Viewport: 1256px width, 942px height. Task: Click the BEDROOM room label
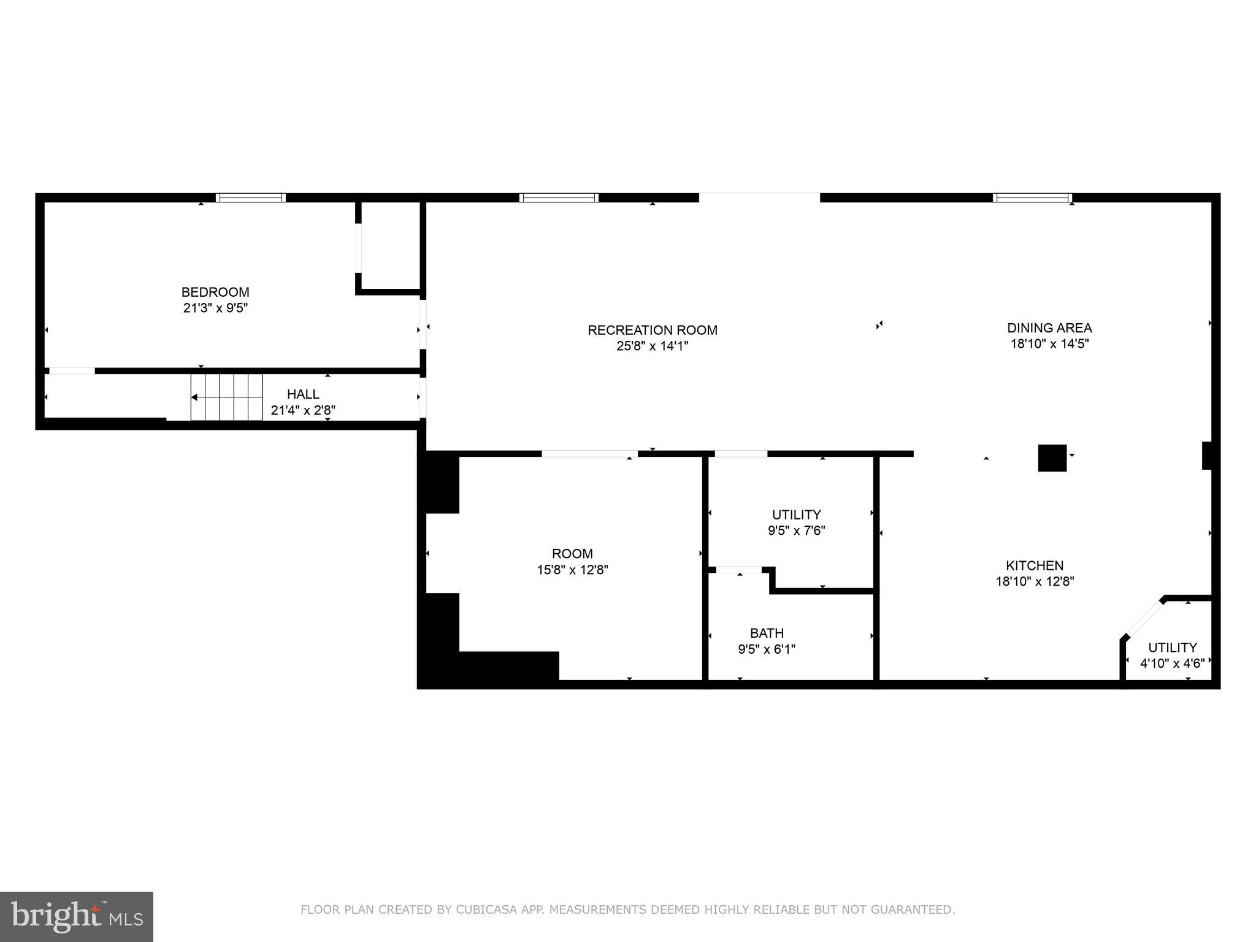[x=215, y=292]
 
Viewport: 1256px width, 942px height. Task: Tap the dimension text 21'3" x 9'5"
[x=215, y=308]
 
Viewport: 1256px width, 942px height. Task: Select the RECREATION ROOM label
[x=652, y=330]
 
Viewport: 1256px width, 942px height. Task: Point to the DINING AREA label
[x=1049, y=327]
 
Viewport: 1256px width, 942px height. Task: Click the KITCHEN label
[x=1035, y=565]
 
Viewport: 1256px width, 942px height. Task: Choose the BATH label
[x=767, y=633]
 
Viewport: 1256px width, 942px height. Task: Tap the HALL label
[x=303, y=394]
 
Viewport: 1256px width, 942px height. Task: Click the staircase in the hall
[x=226, y=397]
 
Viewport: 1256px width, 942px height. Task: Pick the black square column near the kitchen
[x=1052, y=458]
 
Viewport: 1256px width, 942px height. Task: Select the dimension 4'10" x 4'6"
[x=1172, y=663]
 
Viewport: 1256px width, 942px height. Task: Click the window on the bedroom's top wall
[x=251, y=197]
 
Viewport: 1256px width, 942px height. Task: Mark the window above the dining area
[x=1032, y=197]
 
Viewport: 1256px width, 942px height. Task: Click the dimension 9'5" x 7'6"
[x=796, y=530]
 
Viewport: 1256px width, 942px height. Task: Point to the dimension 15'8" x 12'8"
[x=572, y=570]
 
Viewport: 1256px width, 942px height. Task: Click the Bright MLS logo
[x=77, y=916]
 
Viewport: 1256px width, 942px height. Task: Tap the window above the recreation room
[x=559, y=197]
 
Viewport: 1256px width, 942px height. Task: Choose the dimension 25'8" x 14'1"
[x=652, y=347]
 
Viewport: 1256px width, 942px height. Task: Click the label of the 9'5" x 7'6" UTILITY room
[x=796, y=515]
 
